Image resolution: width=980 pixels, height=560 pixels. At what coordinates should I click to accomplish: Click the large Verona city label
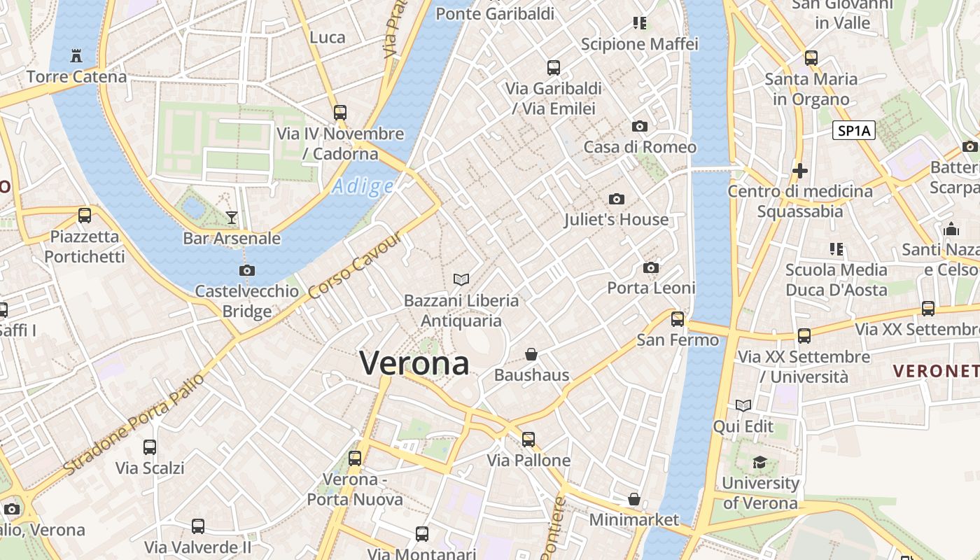[414, 363]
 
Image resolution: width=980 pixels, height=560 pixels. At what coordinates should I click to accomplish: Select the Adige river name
[363, 186]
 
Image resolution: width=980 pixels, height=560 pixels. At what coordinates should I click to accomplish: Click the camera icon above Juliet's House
[616, 199]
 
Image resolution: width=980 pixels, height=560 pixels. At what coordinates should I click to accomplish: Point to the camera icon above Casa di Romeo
[639, 127]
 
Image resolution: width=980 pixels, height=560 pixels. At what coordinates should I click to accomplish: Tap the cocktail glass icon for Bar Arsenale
[232, 218]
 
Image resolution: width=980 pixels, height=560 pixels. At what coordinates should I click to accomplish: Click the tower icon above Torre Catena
[76, 55]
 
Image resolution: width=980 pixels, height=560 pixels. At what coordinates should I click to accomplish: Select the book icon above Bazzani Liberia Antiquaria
[461, 280]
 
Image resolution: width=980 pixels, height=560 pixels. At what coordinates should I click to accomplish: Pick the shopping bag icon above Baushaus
[531, 354]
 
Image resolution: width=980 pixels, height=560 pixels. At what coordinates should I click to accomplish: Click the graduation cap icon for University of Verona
[759, 462]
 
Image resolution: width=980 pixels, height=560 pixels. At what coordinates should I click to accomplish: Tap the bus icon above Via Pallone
[528, 440]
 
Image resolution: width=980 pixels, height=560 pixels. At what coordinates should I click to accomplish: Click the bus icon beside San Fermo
[678, 319]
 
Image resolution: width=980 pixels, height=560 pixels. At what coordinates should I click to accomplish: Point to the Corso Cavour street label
[355, 266]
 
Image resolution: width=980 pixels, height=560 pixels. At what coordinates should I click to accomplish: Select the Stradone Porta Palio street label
[134, 424]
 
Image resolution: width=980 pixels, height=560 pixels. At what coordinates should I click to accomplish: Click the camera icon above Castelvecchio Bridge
[246, 271]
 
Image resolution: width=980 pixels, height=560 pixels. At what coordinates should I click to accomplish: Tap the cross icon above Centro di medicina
[800, 170]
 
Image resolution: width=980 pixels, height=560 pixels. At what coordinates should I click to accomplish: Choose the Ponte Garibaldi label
[495, 13]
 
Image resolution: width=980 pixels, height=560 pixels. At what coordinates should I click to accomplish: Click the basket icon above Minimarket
[634, 499]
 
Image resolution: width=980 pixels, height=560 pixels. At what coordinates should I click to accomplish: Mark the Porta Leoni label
[651, 288]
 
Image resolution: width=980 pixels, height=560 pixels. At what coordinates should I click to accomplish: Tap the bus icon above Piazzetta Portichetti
[85, 216]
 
